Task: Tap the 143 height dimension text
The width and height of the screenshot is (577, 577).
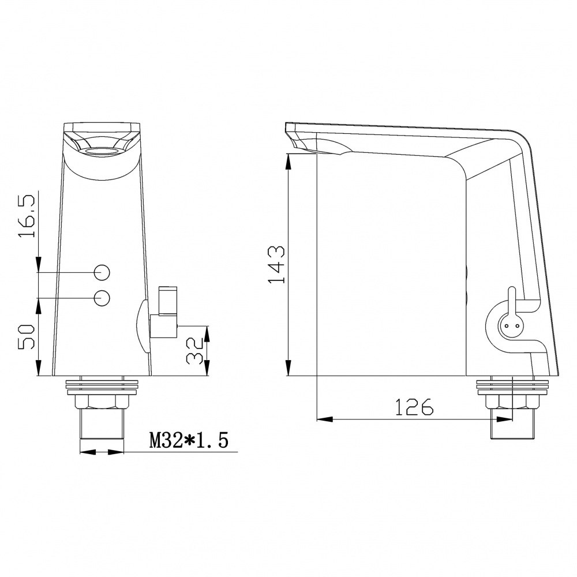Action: (276, 265)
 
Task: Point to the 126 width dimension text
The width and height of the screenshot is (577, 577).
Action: (414, 407)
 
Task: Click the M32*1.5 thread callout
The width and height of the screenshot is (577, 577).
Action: (189, 440)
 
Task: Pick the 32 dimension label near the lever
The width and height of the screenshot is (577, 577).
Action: (194, 351)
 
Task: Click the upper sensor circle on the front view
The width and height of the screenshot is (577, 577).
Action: (102, 273)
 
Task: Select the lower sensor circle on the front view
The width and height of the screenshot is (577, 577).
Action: (102, 298)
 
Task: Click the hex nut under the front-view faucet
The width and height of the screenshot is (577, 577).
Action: (102, 401)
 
